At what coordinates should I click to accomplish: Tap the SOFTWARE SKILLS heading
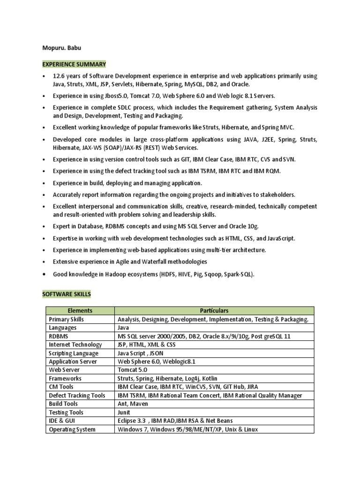click(x=67, y=294)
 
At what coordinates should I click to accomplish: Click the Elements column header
click(x=80, y=310)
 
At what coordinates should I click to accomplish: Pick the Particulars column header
click(x=214, y=310)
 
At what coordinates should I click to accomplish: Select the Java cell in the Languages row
click(x=123, y=328)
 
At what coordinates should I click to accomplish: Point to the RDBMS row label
click(x=59, y=336)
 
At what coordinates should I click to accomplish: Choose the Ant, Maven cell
click(x=133, y=404)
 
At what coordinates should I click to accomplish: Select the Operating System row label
click(x=72, y=429)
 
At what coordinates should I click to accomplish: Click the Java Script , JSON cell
click(x=140, y=353)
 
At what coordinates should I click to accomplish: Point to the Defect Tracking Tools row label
click(x=77, y=395)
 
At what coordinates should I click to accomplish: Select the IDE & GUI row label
click(x=63, y=420)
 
